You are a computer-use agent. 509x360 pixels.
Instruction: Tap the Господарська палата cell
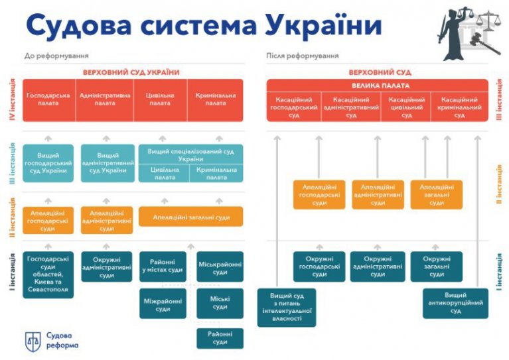click(48, 99)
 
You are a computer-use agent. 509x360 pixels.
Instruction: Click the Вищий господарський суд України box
click(52, 163)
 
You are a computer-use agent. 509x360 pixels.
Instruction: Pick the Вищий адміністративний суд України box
click(107, 163)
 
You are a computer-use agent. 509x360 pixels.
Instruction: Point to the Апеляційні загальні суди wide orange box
click(190, 216)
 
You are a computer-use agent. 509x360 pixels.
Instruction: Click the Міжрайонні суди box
click(163, 304)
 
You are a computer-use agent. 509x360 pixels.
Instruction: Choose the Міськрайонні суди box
click(220, 267)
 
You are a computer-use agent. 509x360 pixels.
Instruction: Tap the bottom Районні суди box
click(220, 338)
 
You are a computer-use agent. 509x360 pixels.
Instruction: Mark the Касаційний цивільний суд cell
click(405, 107)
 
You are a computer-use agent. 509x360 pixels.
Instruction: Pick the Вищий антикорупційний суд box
click(455, 303)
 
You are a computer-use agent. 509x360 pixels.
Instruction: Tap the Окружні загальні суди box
click(436, 267)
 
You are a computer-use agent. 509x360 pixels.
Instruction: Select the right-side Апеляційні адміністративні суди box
click(378, 195)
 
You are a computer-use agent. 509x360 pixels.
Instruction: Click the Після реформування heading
click(293, 56)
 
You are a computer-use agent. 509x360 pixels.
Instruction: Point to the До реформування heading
click(56, 56)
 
